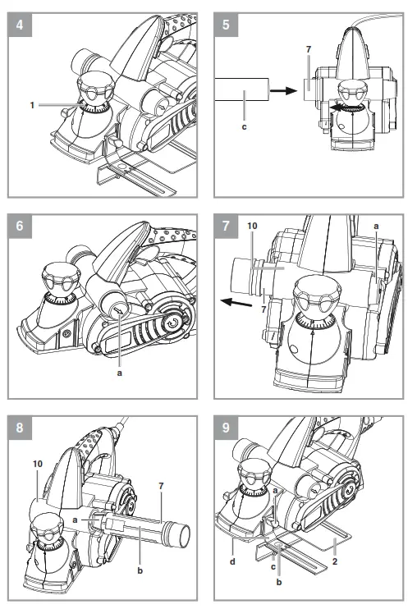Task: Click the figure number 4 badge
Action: (x=20, y=25)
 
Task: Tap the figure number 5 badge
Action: (x=226, y=25)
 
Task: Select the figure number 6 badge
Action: (x=20, y=226)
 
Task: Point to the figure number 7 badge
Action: (x=226, y=226)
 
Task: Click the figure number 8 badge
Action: (x=20, y=428)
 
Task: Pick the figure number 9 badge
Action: (x=226, y=428)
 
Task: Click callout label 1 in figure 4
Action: (x=32, y=105)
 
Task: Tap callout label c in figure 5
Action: (x=244, y=126)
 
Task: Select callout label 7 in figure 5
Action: (x=309, y=49)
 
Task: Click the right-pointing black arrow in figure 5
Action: (x=283, y=90)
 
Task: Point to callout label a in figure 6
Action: (x=119, y=373)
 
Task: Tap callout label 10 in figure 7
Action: (x=252, y=226)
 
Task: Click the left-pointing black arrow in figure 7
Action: (x=236, y=302)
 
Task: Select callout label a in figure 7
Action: (x=376, y=226)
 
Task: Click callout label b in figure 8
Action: (x=140, y=570)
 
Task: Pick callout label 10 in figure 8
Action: (x=38, y=464)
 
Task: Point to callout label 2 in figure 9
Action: (x=335, y=561)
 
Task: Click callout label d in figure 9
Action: (x=232, y=561)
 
